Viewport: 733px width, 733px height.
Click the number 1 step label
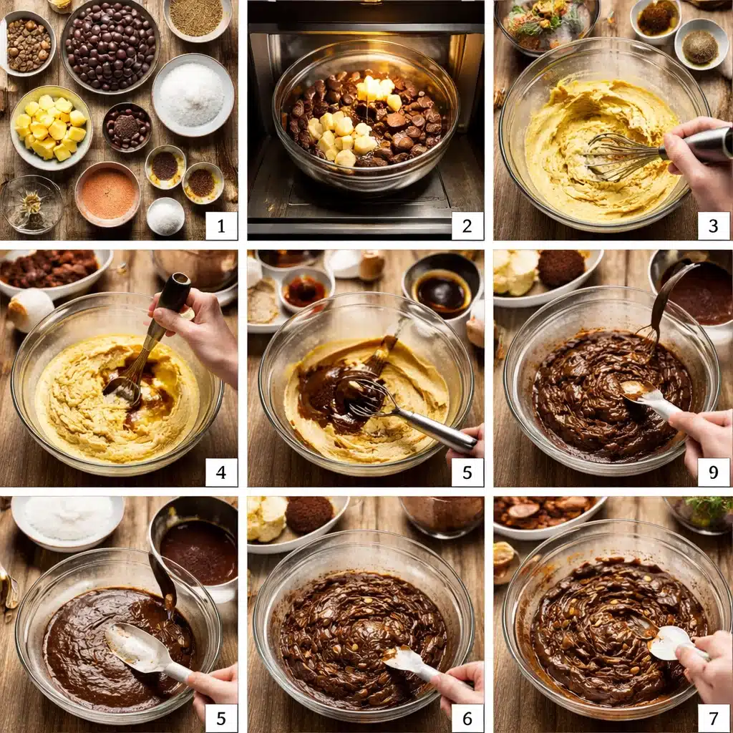coord(221,225)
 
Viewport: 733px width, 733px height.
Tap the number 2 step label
coord(467,225)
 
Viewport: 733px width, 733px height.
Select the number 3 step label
coord(713,225)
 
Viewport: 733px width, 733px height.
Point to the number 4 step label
coord(221,472)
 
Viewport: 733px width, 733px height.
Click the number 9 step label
coord(713,472)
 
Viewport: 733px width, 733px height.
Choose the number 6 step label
coord(467,718)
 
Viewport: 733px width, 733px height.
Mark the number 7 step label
coord(713,718)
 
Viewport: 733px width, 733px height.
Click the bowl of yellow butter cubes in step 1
coord(51,127)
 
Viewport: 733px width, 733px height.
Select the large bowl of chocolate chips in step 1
coord(110,47)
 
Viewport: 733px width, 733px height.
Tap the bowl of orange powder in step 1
coord(108,193)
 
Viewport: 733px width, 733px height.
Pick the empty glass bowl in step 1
coord(31,204)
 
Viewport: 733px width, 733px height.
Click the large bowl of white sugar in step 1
coord(193,95)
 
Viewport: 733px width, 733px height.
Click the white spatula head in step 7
coord(669,642)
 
